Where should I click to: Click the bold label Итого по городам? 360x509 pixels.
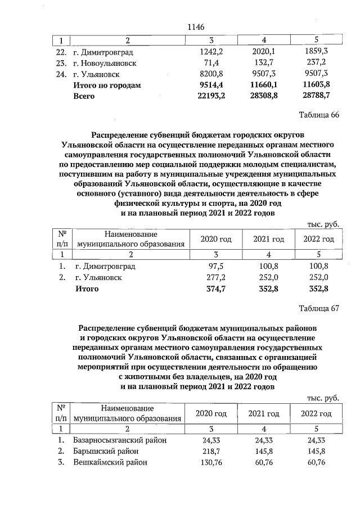107,85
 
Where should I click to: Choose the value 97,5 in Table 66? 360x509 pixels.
215,266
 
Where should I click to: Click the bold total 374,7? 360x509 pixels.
213,289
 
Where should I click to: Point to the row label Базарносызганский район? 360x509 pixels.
120,440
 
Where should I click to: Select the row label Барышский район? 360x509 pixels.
106,451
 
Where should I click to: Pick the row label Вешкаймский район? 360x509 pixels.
110,462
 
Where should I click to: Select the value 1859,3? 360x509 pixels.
315,51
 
